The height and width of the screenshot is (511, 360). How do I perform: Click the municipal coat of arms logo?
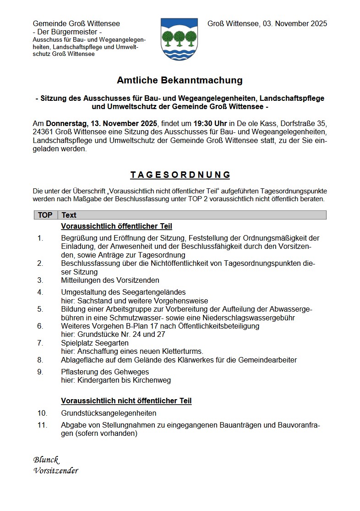click(179, 39)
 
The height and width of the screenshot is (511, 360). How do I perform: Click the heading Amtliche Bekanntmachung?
click(180, 81)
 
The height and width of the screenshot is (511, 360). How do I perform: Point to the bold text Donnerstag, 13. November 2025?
click(101, 124)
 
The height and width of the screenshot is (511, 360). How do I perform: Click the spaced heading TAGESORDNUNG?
click(180, 175)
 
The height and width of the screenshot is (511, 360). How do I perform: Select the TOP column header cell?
click(45, 215)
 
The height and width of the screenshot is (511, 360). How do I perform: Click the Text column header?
click(69, 215)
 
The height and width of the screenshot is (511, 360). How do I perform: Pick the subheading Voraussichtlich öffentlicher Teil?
click(116, 226)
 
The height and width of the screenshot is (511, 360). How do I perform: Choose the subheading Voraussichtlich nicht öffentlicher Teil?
click(126, 401)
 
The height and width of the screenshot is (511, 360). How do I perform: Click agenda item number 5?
click(40, 309)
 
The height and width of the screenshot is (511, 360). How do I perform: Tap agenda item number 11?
click(42, 425)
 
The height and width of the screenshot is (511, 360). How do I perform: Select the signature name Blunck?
click(46, 460)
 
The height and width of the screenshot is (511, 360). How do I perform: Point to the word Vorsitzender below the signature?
click(55, 471)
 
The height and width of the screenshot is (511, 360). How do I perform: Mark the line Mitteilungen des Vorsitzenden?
click(110, 280)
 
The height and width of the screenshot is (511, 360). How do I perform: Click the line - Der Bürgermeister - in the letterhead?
click(67, 32)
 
